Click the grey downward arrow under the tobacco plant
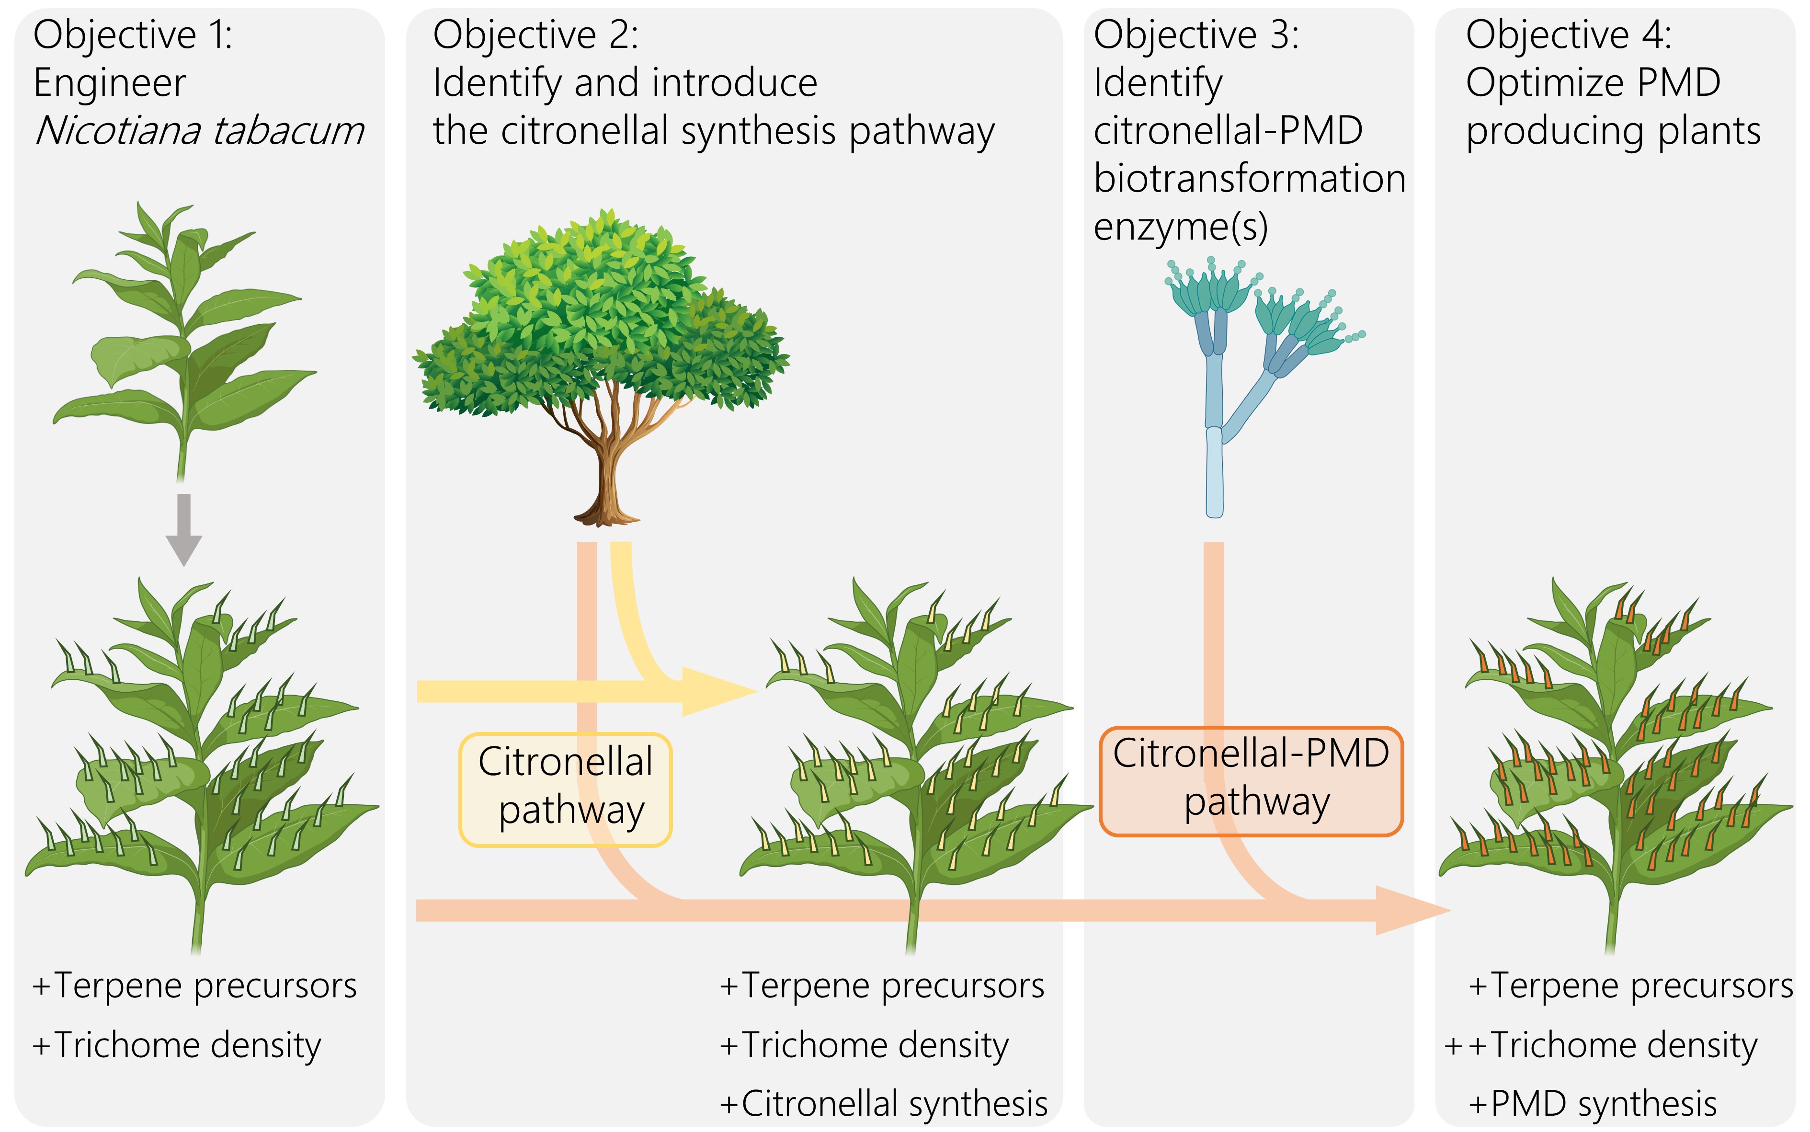(183, 529)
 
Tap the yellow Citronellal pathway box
(565, 789)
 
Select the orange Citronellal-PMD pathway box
(1251, 781)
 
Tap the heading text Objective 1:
(133, 34)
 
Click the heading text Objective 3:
(1196, 34)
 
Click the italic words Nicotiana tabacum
(200, 131)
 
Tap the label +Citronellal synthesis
(883, 1104)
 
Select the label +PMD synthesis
(1593, 1104)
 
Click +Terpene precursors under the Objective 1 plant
(194, 986)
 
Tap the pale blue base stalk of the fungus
(1214, 472)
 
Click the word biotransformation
(1249, 178)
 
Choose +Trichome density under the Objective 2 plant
(864, 1045)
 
